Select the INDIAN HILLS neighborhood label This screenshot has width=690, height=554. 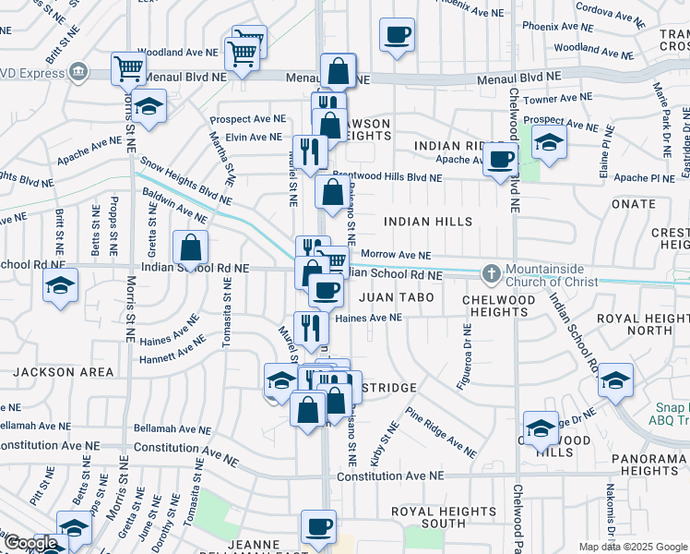(428, 222)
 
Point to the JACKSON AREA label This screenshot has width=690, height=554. (64, 372)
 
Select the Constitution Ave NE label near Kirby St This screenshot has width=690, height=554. (390, 476)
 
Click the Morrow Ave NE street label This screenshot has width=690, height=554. (396, 255)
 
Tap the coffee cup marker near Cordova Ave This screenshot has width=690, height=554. (398, 35)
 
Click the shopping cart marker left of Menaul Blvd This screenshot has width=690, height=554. (128, 66)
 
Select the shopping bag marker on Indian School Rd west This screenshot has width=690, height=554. (190, 247)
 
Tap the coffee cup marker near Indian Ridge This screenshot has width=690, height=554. (501, 159)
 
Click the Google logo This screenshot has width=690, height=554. (30, 544)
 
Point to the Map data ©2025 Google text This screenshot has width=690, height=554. (632, 547)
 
